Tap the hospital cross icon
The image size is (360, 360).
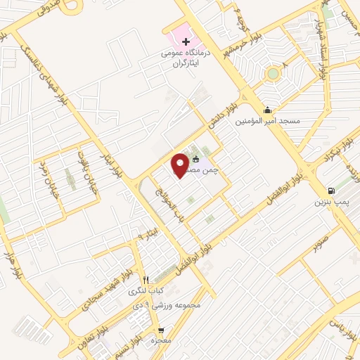pos(176,43)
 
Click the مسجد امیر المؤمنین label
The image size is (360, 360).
pos(271,121)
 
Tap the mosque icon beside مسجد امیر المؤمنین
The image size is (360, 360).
pos(266,110)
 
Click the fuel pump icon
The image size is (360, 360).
pos(330,191)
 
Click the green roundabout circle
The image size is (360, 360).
pos(272,72)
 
